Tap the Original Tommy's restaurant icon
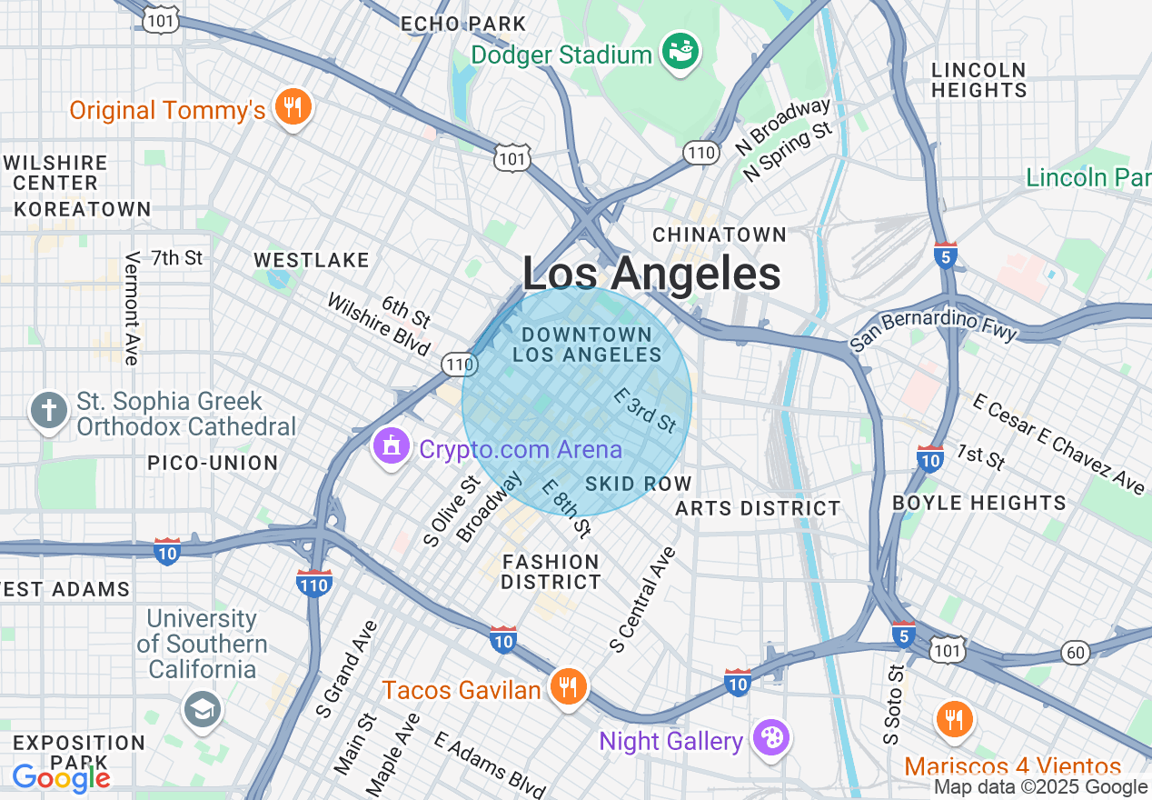click(292, 108)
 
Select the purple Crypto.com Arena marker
click(392, 446)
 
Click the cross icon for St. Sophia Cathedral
click(48, 411)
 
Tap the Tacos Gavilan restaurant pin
click(569, 688)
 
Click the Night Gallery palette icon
click(771, 738)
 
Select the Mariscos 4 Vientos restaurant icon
click(953, 720)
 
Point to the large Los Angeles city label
click(651, 273)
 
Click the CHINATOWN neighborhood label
click(720, 235)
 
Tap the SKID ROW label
click(639, 484)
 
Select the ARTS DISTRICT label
click(758, 508)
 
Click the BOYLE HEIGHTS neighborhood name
click(979, 503)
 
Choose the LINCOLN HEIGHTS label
click(978, 80)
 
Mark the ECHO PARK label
click(463, 24)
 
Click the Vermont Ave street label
click(133, 308)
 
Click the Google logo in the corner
click(61, 778)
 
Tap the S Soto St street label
click(896, 705)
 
